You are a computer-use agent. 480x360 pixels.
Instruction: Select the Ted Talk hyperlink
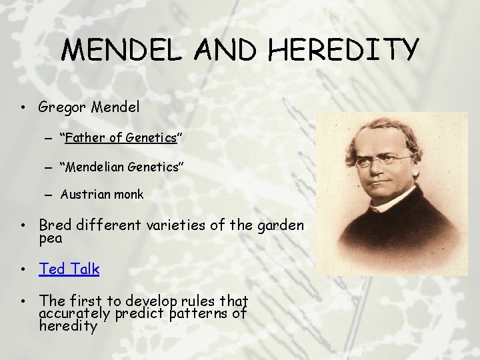click(69, 269)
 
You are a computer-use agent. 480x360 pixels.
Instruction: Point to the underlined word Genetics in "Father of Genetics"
click(151, 137)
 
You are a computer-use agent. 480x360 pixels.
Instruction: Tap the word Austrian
click(84, 195)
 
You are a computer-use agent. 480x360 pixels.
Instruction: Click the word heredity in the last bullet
click(69, 326)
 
